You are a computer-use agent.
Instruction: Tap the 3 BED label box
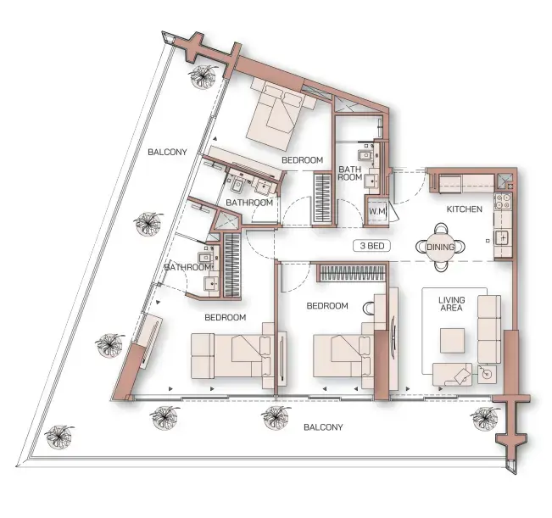pyautogui.click(x=374, y=247)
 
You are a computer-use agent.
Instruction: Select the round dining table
pyautogui.click(x=440, y=247)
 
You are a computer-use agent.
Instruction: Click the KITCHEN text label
pyautogui.click(x=465, y=209)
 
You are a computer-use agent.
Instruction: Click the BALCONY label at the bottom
pyautogui.click(x=323, y=427)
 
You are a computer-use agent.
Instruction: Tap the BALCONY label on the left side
pyautogui.click(x=166, y=153)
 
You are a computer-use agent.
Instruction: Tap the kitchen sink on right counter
pyautogui.click(x=502, y=237)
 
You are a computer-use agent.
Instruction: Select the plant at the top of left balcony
pyautogui.click(x=204, y=77)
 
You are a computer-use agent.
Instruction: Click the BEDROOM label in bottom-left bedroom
pyautogui.click(x=226, y=318)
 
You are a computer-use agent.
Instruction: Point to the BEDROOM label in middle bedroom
pyautogui.click(x=327, y=306)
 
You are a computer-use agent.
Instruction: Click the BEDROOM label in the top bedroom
pyautogui.click(x=302, y=160)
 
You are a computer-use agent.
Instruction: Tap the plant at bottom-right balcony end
pyautogui.click(x=484, y=416)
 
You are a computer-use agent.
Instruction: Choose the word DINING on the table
pyautogui.click(x=440, y=247)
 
